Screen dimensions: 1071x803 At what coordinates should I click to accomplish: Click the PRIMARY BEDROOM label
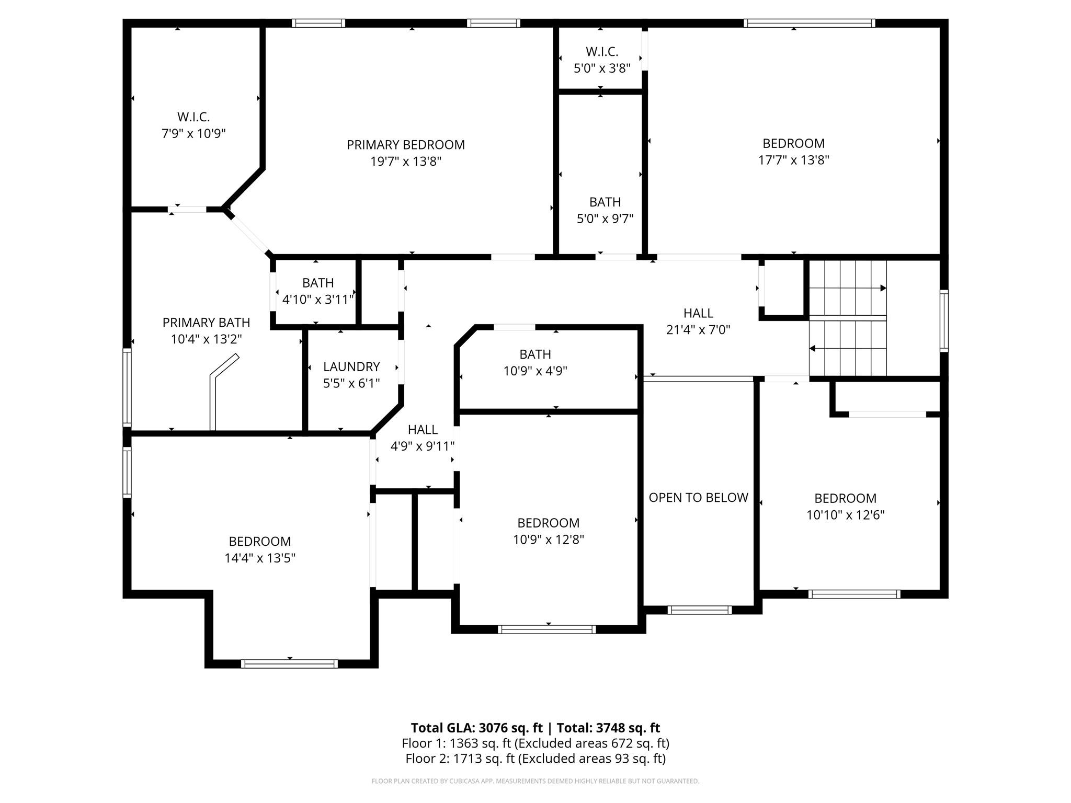point(406,145)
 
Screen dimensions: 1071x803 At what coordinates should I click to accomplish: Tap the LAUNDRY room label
point(351,366)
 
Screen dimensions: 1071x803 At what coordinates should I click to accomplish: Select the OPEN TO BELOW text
point(698,498)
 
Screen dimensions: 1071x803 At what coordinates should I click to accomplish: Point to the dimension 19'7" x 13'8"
point(406,161)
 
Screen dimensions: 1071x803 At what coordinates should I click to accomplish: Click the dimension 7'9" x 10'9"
point(193,133)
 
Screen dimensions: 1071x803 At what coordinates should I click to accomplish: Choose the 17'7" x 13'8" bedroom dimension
point(794,160)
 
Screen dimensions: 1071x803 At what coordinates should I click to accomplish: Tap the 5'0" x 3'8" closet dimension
point(602,68)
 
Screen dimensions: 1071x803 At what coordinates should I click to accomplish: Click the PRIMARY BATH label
point(206,323)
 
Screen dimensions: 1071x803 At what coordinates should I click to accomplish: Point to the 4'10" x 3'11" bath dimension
point(318,300)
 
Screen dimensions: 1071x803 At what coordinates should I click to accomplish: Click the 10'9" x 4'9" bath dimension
point(535,371)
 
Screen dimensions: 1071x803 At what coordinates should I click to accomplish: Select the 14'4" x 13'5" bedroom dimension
point(260,558)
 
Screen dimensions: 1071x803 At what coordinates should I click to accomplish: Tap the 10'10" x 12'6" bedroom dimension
point(845,515)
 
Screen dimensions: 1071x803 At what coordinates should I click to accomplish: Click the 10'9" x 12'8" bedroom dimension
point(549,540)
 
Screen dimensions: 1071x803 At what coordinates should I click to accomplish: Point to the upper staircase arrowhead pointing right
point(883,288)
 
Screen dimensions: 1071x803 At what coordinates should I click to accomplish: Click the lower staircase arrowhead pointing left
point(813,348)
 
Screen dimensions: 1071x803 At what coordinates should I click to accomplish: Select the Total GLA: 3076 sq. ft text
point(477,728)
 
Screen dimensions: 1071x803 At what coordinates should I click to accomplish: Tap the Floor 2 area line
point(535,759)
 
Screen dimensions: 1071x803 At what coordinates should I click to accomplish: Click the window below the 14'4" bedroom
point(289,664)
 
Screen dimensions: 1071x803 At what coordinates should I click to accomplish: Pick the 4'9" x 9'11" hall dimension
point(423,446)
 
